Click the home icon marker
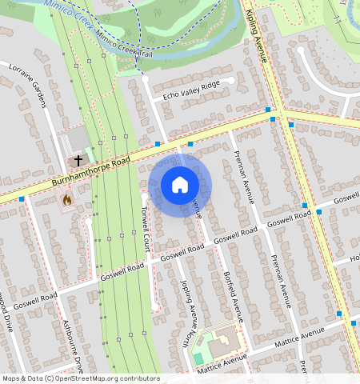[180, 185]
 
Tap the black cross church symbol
[78, 161]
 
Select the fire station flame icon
[66, 199]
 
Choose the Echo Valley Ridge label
[190, 90]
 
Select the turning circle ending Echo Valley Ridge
[231, 81]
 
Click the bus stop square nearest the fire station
[22, 198]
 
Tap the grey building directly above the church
[78, 141]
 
